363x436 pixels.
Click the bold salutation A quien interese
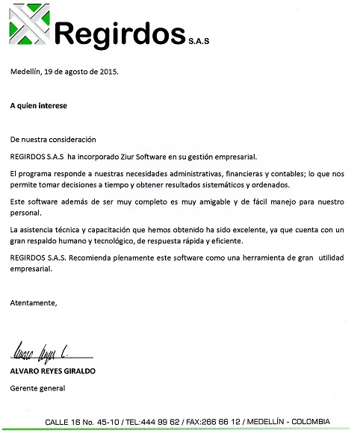pyautogui.click(x=38, y=106)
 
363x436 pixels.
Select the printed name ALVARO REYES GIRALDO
pyautogui.click(x=53, y=371)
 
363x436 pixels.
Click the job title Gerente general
pyautogui.click(x=37, y=388)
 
